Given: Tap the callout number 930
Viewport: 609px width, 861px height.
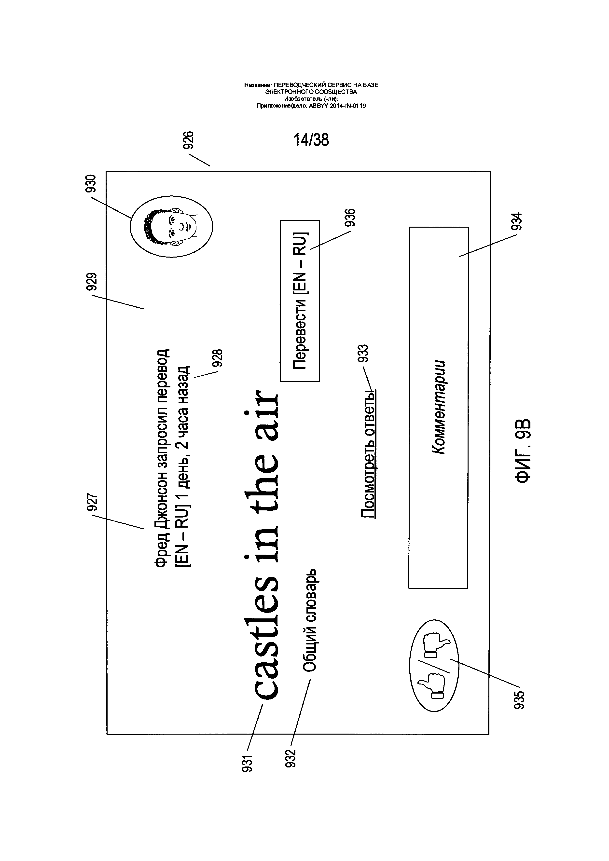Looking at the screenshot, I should (91, 183).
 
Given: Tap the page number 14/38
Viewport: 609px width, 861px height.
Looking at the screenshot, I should (311, 140).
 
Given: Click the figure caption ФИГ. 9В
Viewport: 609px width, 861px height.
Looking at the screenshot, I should (522, 450).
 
